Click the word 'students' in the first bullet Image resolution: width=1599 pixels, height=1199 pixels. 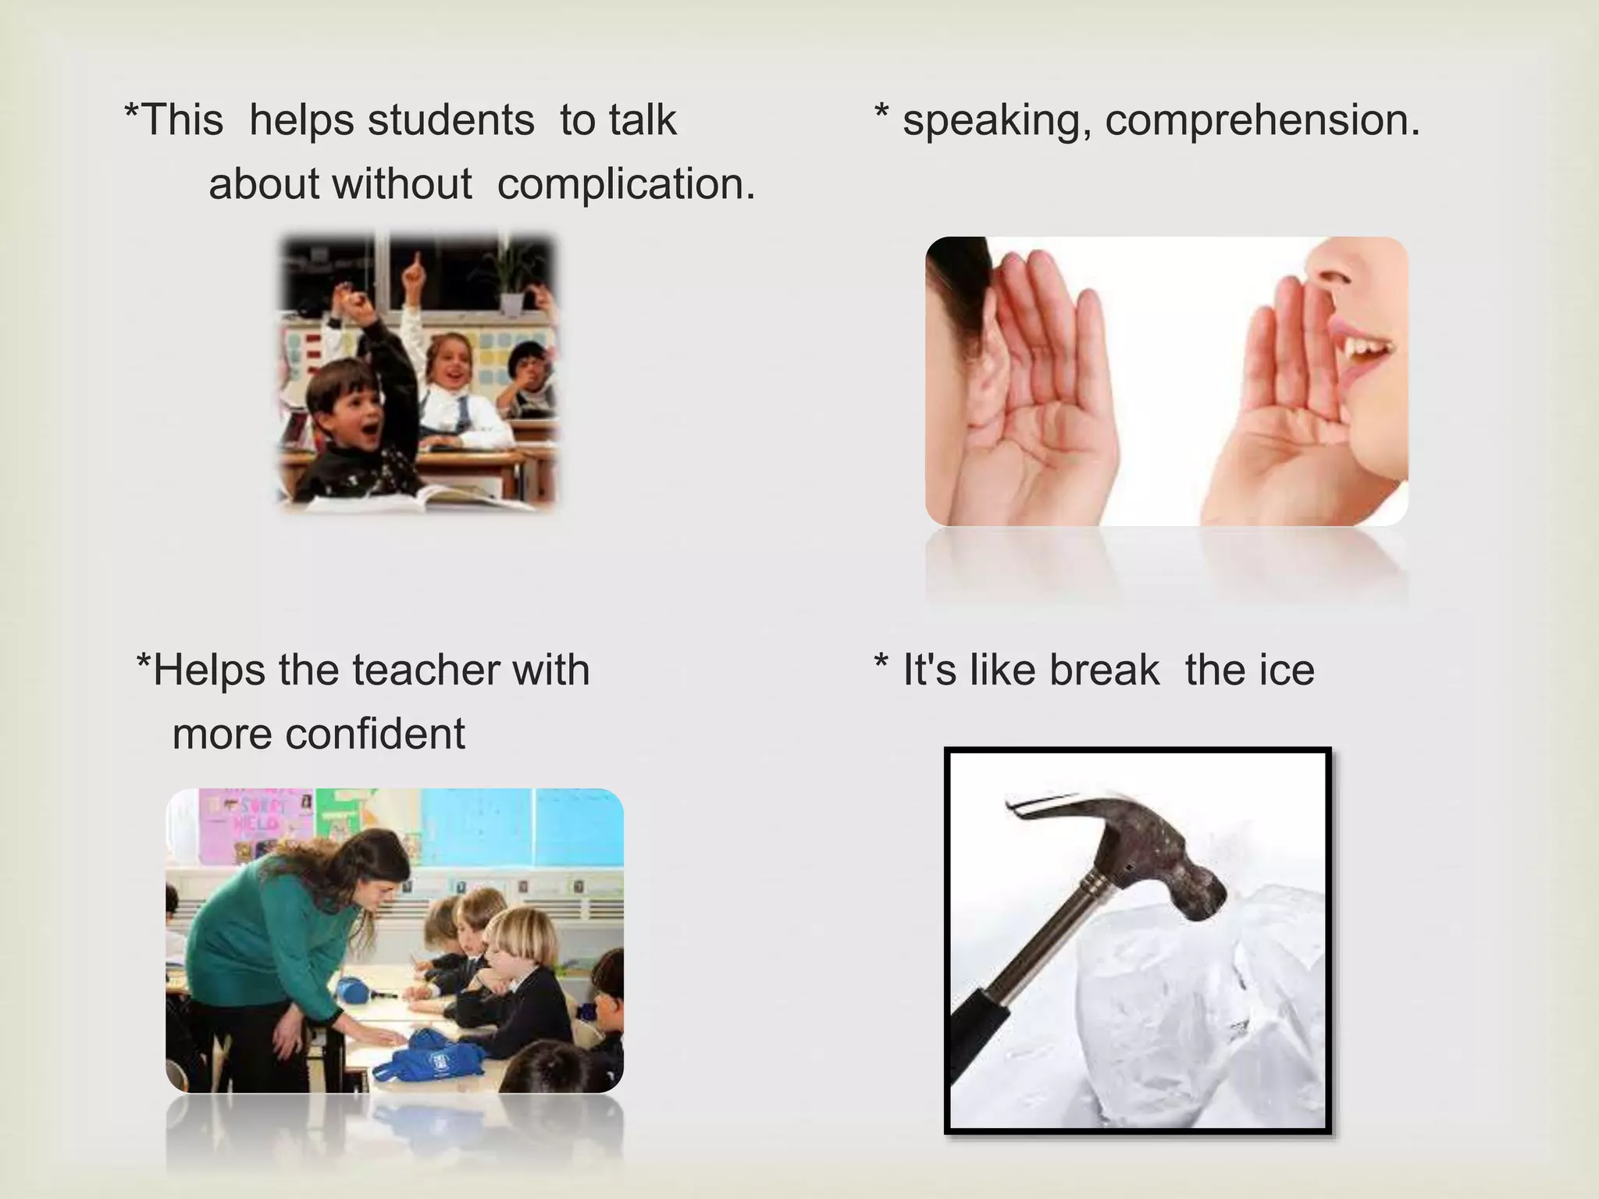click(x=450, y=120)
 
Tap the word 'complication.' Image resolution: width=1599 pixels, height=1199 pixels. click(x=626, y=184)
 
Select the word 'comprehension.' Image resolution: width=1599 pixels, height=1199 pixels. click(x=1262, y=120)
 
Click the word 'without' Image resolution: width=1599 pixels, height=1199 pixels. click(x=401, y=184)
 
